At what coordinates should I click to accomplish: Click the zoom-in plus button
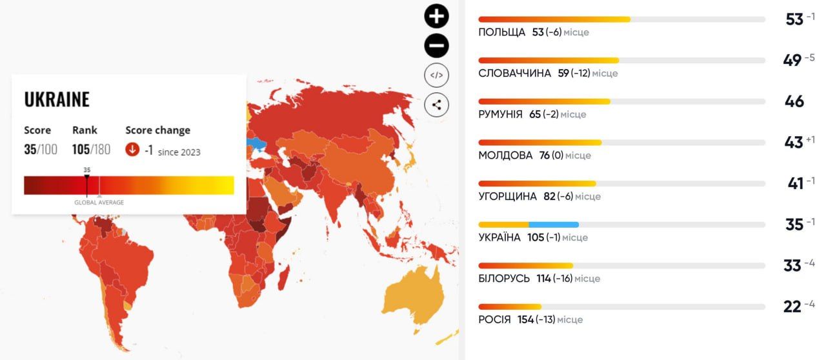click(436, 16)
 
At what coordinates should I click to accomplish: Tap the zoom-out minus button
click(436, 46)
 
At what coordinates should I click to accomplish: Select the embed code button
click(436, 75)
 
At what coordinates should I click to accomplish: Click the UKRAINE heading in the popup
click(57, 99)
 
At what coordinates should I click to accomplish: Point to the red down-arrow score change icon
click(132, 150)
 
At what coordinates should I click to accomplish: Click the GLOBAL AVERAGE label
click(99, 203)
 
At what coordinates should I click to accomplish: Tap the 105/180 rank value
click(91, 150)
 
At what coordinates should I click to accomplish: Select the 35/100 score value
click(41, 150)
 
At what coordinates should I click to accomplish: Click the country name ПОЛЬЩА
click(501, 32)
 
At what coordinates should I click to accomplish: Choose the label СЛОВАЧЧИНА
click(514, 74)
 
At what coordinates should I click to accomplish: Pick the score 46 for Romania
click(794, 101)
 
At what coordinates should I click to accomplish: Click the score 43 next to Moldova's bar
click(793, 143)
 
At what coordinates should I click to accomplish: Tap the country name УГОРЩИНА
click(508, 196)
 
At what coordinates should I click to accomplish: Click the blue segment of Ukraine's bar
click(554, 225)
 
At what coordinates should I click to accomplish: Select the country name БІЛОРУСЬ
click(504, 279)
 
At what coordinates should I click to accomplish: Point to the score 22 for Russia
click(792, 306)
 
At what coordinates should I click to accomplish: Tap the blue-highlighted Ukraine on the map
click(257, 143)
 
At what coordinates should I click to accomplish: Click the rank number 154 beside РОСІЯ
click(525, 320)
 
